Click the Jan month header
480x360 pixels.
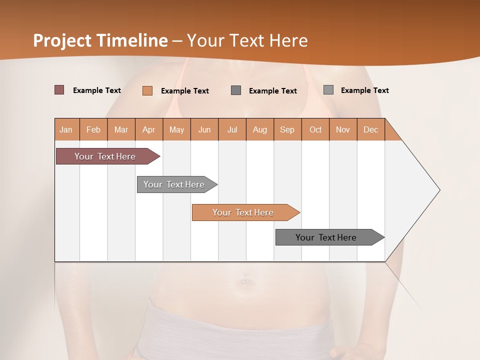(x=66, y=129)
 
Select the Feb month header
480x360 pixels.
(x=93, y=129)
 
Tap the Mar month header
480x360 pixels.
(x=121, y=129)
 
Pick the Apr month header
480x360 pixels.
(x=149, y=129)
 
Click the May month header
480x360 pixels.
(x=176, y=129)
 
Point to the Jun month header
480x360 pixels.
(x=204, y=129)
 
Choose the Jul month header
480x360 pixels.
(x=232, y=129)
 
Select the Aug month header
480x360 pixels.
(x=260, y=129)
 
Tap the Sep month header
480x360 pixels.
(x=287, y=129)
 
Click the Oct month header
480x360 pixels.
(x=315, y=129)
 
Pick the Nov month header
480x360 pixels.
(x=343, y=129)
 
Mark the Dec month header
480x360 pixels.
(x=371, y=129)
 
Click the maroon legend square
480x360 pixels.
(x=59, y=90)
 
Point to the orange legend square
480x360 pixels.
(x=147, y=90)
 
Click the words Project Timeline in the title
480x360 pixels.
(x=100, y=40)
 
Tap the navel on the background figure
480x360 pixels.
(x=244, y=281)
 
